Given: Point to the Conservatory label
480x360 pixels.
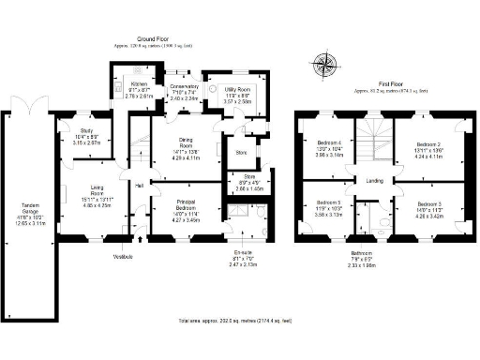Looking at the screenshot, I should (184, 87).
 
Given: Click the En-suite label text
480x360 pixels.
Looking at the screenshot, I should (244, 252).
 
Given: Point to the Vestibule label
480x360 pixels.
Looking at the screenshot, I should (124, 256).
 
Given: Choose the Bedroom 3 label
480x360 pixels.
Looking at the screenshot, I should (428, 203).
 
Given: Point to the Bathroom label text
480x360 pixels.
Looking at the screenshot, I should (382, 252).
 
